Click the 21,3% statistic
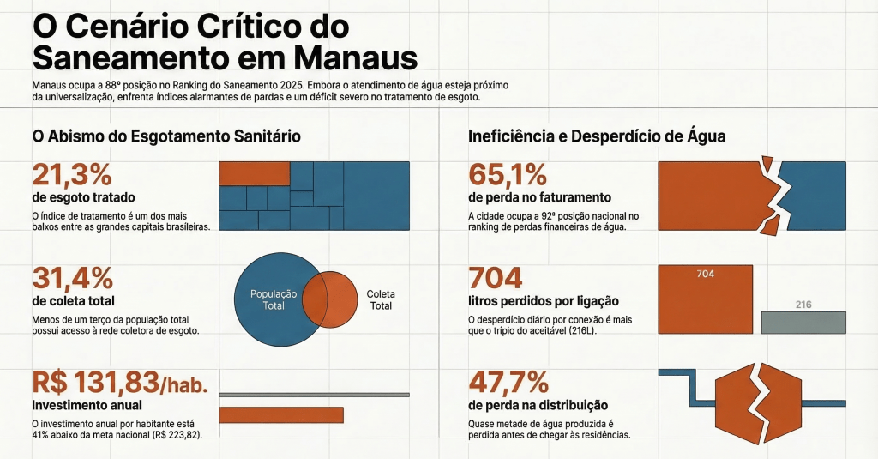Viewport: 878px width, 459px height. (72, 175)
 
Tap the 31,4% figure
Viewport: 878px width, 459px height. (72, 278)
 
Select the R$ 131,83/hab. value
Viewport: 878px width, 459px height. (119, 383)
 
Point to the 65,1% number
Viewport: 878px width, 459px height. (508, 175)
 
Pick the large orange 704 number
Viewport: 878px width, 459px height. (496, 278)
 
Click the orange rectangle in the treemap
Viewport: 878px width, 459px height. (255, 173)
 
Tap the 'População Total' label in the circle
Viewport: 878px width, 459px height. (273, 299)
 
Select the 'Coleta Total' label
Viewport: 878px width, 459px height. (380, 299)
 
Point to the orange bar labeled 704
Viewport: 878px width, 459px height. (704, 299)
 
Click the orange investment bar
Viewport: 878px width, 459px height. (281, 415)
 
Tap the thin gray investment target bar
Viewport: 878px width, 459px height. (315, 395)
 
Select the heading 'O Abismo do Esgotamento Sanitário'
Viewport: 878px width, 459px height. (165, 136)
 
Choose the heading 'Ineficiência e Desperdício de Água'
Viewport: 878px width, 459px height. (598, 136)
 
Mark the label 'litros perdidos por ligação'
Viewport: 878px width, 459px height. (544, 301)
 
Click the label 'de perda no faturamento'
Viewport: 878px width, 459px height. (539, 196)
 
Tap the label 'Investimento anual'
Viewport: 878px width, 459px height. (87, 405)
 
